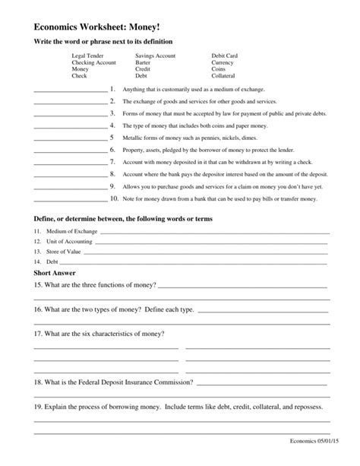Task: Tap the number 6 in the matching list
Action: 112,150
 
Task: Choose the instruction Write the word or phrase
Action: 103,40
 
